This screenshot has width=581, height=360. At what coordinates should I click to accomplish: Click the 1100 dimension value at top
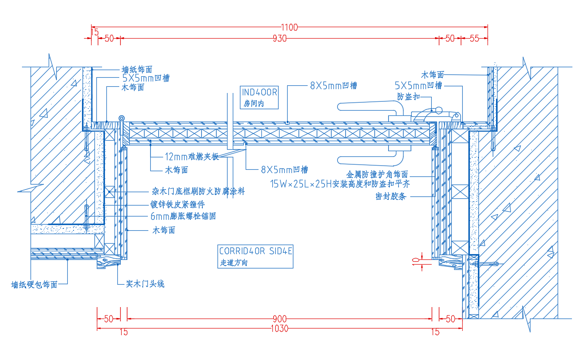pyautogui.click(x=290, y=27)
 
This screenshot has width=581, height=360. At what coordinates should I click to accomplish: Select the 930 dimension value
pyautogui.click(x=280, y=39)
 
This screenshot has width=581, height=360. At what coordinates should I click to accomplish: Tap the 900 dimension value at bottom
pyautogui.click(x=280, y=319)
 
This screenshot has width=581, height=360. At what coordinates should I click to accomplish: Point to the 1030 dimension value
pyautogui.click(x=280, y=329)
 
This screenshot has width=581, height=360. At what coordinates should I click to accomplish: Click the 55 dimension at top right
pyautogui.click(x=475, y=39)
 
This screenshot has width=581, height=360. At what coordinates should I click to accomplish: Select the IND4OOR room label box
pyautogui.click(x=259, y=97)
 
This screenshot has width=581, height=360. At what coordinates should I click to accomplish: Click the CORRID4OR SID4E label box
pyautogui.click(x=256, y=257)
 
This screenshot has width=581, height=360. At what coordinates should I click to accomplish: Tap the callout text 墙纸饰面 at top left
pyautogui.click(x=137, y=70)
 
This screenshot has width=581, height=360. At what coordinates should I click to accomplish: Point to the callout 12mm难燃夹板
pyautogui.click(x=192, y=156)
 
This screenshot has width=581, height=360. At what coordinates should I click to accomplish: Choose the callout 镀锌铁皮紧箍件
pyautogui.click(x=177, y=204)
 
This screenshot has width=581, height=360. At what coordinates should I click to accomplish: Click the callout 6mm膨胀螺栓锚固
pyautogui.click(x=183, y=216)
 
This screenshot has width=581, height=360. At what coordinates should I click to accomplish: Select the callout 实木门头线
pyautogui.click(x=145, y=284)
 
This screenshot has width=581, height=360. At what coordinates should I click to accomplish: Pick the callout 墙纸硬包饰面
pyautogui.click(x=34, y=285)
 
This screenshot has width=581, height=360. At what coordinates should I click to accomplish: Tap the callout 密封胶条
pyautogui.click(x=391, y=196)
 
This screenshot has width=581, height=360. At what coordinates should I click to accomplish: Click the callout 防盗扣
pyautogui.click(x=408, y=96)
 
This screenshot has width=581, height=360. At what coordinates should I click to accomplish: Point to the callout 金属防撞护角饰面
pyautogui.click(x=377, y=174)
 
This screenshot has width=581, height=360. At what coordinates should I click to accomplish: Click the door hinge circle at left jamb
pyautogui.click(x=121, y=118)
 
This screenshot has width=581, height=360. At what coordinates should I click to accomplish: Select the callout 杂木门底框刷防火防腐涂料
pyautogui.click(x=198, y=191)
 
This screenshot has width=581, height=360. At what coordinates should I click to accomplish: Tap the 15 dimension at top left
pyautogui.click(x=95, y=32)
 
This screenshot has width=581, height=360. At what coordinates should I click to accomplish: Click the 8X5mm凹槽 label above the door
pyautogui.click(x=333, y=85)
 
